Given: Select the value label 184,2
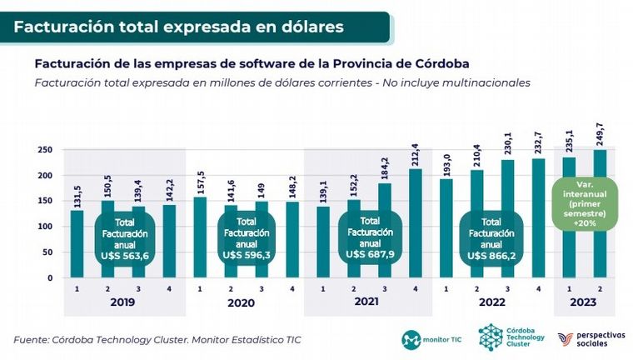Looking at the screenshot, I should click(x=384, y=167).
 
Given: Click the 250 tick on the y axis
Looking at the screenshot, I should click(x=45, y=150).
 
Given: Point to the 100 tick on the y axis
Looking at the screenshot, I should click(x=45, y=227).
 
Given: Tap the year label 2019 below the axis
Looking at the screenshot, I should click(x=122, y=303).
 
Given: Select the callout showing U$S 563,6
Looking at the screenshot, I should click(x=122, y=238).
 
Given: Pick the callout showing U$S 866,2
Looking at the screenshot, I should click(x=492, y=238).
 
